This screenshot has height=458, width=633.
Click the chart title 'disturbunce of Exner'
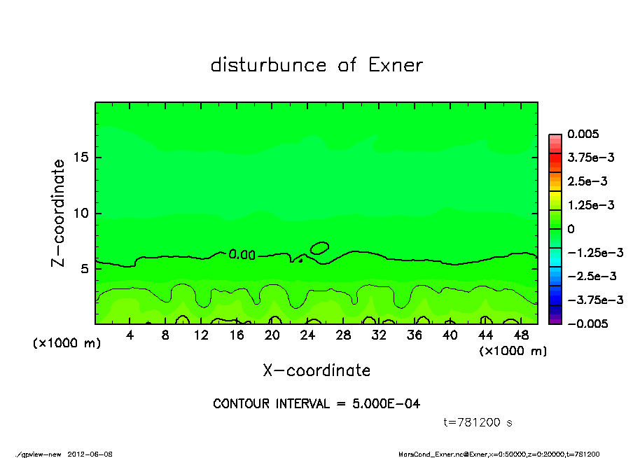[316, 66]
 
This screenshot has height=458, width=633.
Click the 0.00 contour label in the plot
[242, 255]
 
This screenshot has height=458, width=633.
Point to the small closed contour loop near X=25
[319, 247]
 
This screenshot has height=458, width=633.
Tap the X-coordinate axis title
[316, 370]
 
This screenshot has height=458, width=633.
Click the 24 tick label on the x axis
[308, 335]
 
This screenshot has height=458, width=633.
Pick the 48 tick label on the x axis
[521, 335]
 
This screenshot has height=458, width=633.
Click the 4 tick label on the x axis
[130, 335]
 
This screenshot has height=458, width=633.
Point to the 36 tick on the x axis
[415, 335]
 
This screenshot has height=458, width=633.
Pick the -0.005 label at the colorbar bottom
[585, 324]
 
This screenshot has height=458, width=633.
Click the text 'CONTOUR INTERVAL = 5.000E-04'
[316, 404]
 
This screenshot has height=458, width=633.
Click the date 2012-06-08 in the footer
[90, 454]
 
